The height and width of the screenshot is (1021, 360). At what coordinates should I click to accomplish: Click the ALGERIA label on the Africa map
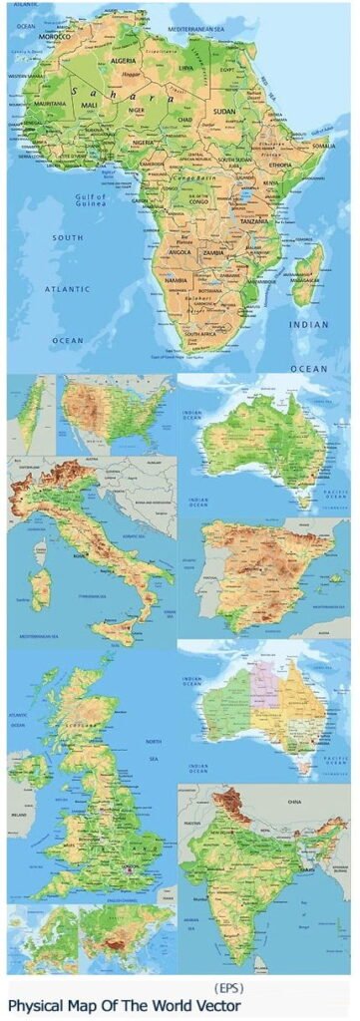(x=123, y=60)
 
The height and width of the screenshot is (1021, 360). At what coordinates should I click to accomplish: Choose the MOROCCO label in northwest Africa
(x=54, y=37)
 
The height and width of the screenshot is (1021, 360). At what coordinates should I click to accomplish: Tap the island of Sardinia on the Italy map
(x=40, y=587)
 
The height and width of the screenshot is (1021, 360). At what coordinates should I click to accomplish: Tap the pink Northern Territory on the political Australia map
(x=263, y=687)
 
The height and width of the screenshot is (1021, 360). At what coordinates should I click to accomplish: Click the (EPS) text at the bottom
(x=229, y=988)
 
